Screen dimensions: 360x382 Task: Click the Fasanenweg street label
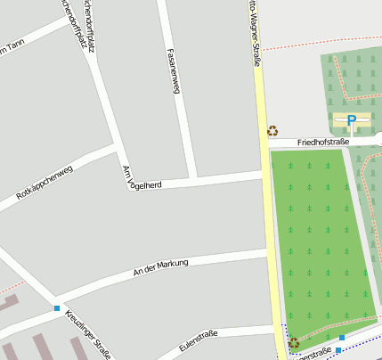pos(174,71)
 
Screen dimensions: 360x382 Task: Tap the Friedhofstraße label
pos(322,142)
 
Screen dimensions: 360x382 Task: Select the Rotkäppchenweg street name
pos(45,182)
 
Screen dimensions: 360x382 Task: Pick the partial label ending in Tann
pos(9,48)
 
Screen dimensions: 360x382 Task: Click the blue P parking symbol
pos(351,119)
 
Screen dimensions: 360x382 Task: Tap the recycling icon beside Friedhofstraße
pos(272,131)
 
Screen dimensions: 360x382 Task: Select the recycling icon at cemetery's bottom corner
pos(293,342)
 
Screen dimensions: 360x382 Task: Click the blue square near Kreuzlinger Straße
pos(57,308)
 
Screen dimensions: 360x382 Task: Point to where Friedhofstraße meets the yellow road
pos(264,143)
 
